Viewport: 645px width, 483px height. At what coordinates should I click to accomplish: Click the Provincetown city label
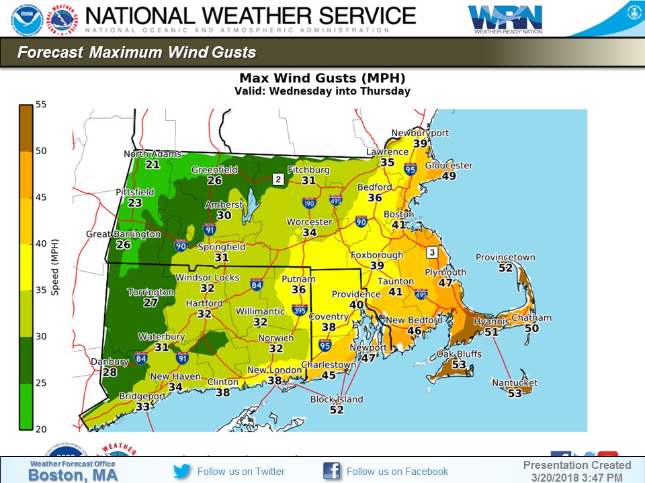click(505, 257)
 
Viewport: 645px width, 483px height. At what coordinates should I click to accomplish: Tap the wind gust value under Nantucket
click(515, 394)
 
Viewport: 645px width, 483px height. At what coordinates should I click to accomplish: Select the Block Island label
click(336, 399)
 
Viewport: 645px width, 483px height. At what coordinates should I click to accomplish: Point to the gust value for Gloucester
click(449, 176)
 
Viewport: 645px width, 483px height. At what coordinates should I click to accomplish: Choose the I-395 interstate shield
click(300, 311)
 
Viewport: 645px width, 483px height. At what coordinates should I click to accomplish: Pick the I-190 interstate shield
click(309, 203)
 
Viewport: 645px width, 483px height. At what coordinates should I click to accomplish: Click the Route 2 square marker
click(277, 180)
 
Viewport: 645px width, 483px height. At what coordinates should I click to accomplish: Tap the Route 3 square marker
click(432, 252)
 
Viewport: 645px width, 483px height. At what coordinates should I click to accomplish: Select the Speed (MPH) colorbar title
click(56, 267)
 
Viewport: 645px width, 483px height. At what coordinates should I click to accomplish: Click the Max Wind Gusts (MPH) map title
click(322, 77)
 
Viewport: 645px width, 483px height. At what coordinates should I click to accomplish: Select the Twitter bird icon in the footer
click(182, 471)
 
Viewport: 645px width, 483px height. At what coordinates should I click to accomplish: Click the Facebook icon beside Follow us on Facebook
click(332, 471)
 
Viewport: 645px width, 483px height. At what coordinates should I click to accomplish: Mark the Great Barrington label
click(123, 234)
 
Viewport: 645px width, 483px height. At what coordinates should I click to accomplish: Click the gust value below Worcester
click(309, 233)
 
